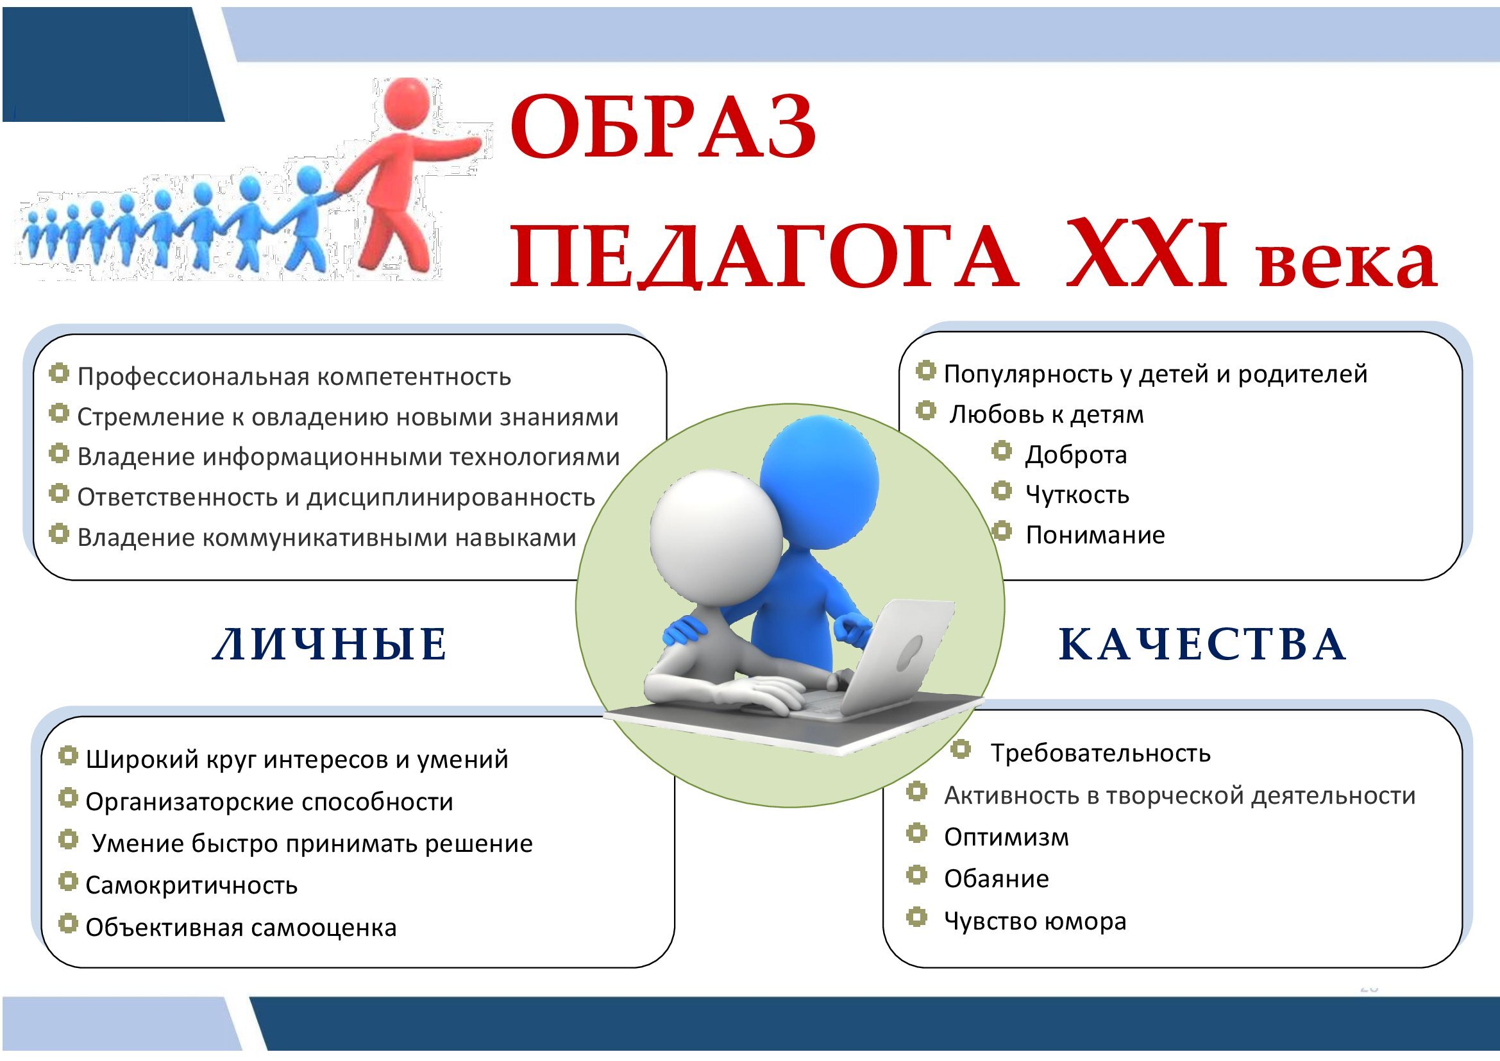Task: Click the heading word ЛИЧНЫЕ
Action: click(x=330, y=644)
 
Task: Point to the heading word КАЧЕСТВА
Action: click(x=1202, y=644)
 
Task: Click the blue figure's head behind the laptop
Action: click(x=819, y=480)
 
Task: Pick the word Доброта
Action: click(x=1076, y=455)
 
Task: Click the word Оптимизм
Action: click(x=1007, y=837)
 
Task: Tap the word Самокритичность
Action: click(x=191, y=885)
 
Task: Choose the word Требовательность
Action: click(x=1101, y=753)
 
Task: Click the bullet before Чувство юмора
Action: click(x=916, y=917)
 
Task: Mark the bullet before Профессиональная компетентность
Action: click(x=59, y=374)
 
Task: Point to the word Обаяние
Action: click(x=997, y=879)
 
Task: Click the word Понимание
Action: click(x=1095, y=535)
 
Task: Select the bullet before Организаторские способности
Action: click(x=68, y=798)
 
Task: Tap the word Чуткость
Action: click(x=1077, y=495)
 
